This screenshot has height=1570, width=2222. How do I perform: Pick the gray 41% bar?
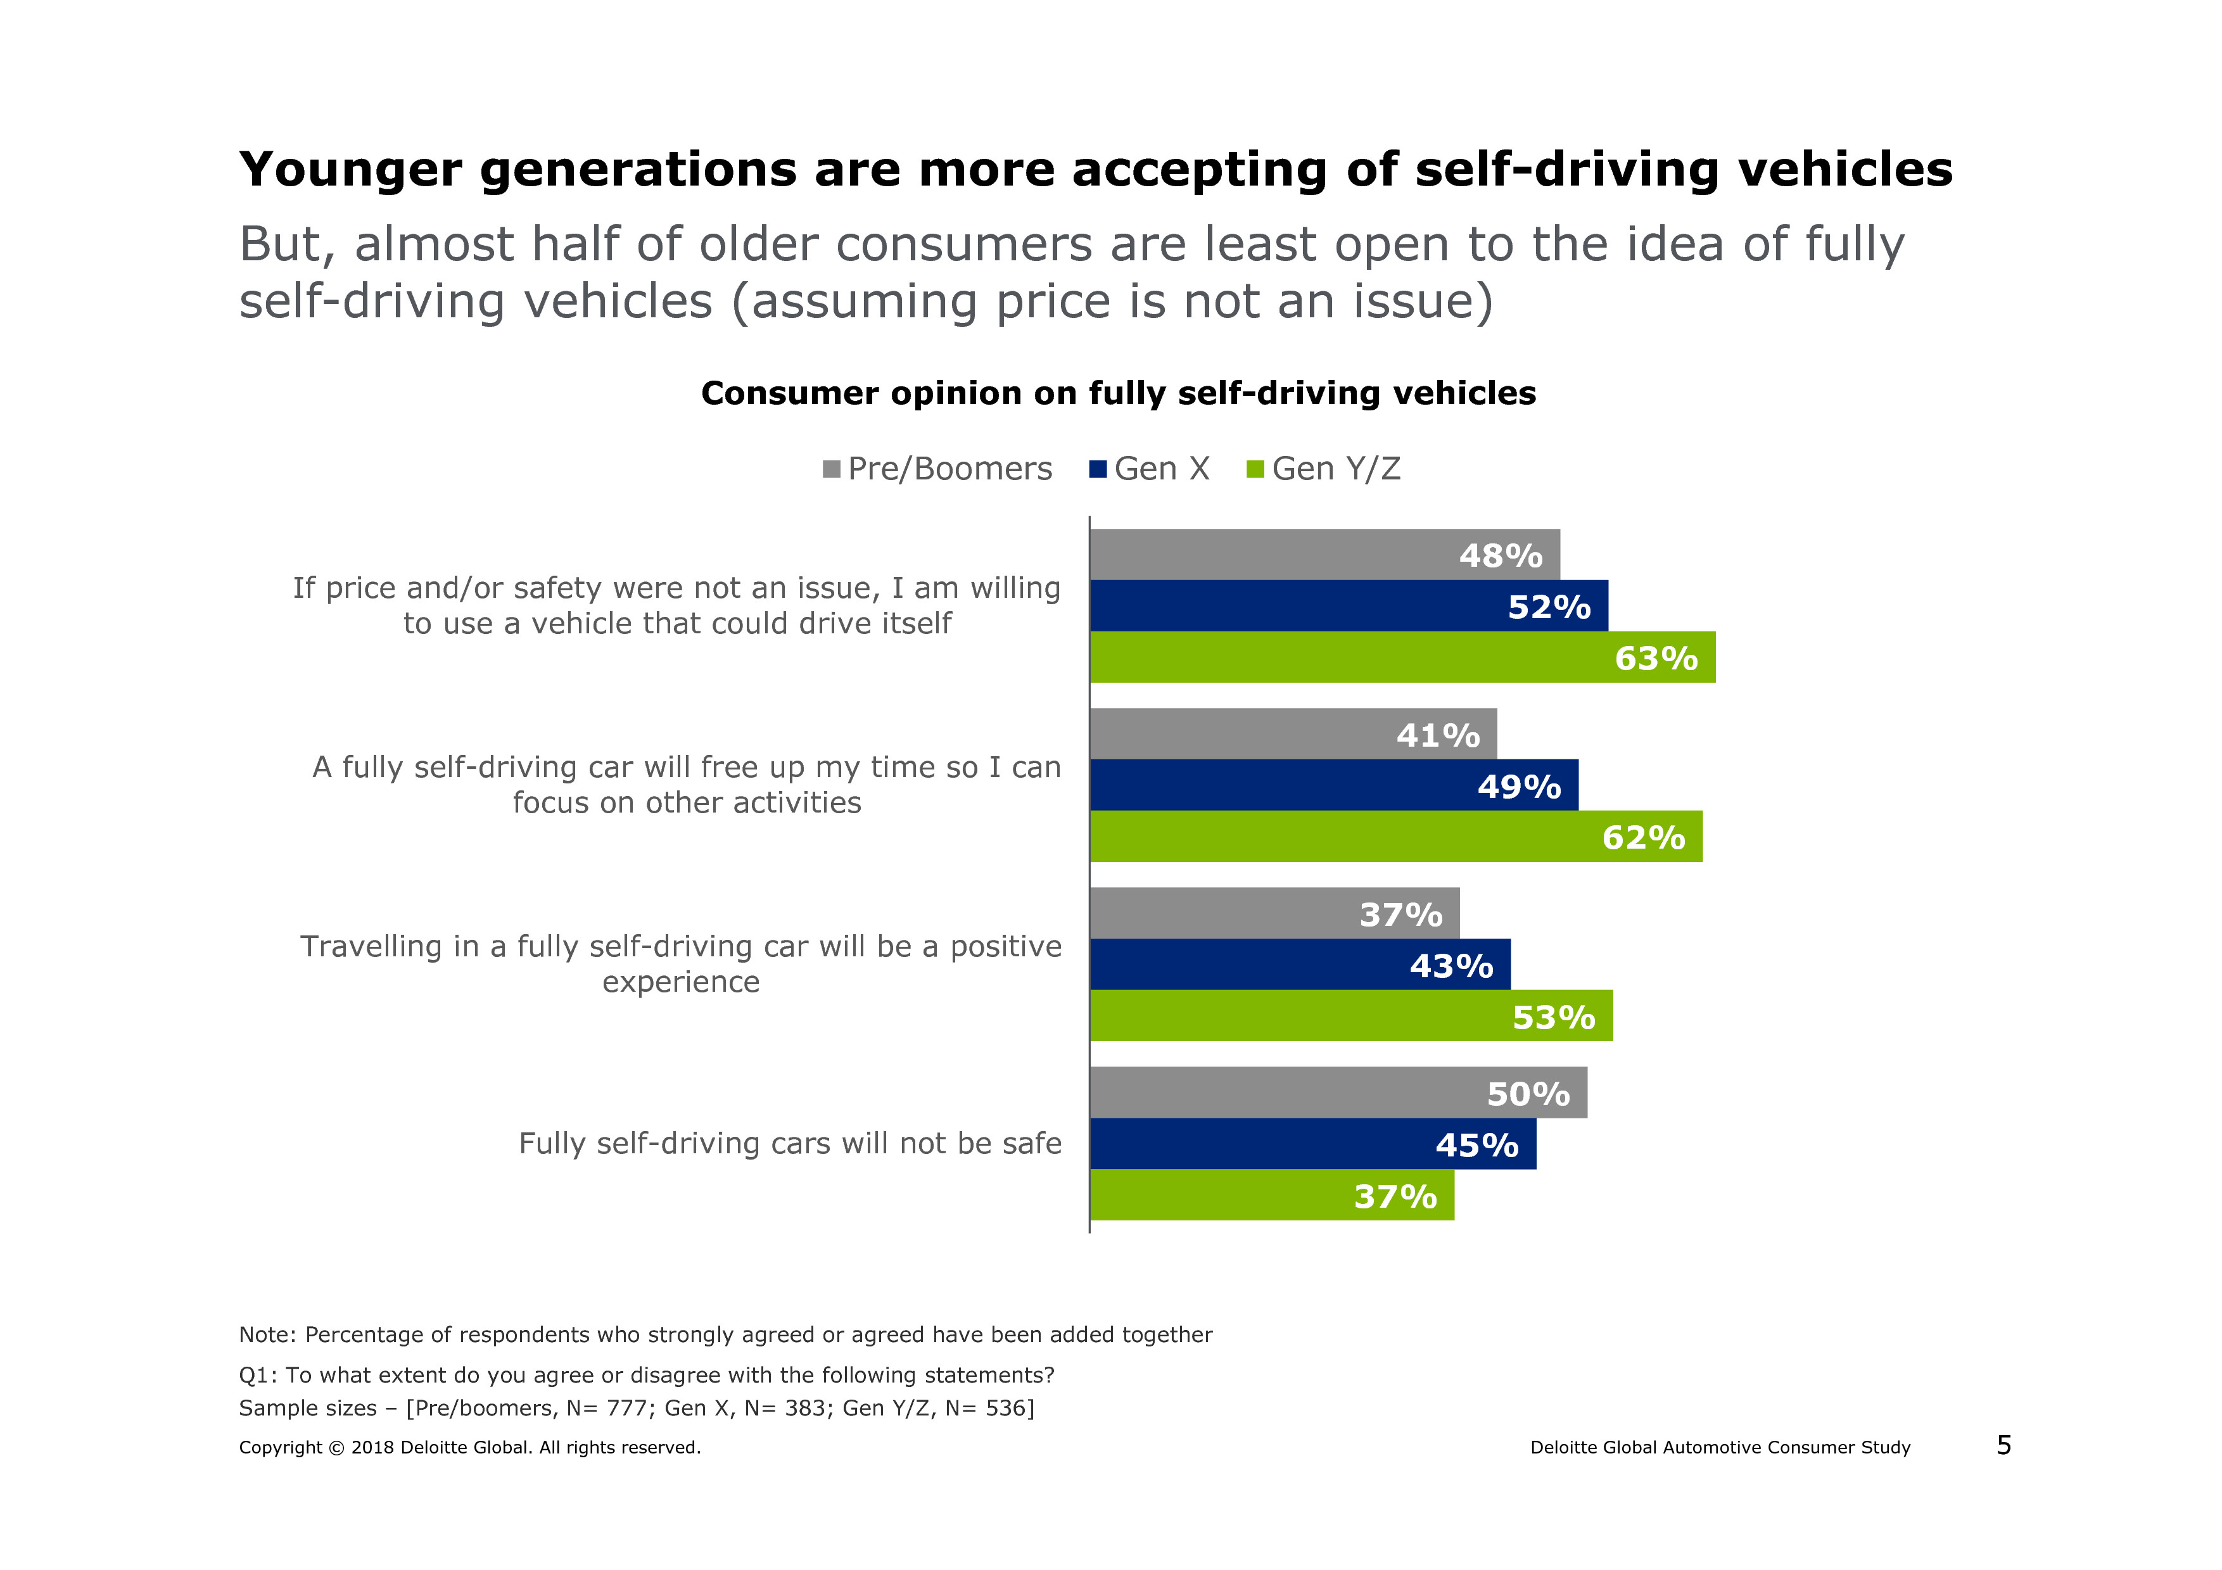1293,734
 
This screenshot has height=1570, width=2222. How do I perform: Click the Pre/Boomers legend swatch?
831,470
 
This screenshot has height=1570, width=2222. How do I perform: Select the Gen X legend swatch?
1098,470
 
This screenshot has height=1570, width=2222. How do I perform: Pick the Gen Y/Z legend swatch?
1255,470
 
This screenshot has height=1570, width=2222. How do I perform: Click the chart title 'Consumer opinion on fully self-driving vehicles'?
1118,394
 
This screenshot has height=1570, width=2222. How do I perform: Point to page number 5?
2003,1445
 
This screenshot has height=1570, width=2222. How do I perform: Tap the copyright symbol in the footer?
336,1448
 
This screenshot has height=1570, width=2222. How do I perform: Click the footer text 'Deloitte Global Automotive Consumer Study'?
1720,1448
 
